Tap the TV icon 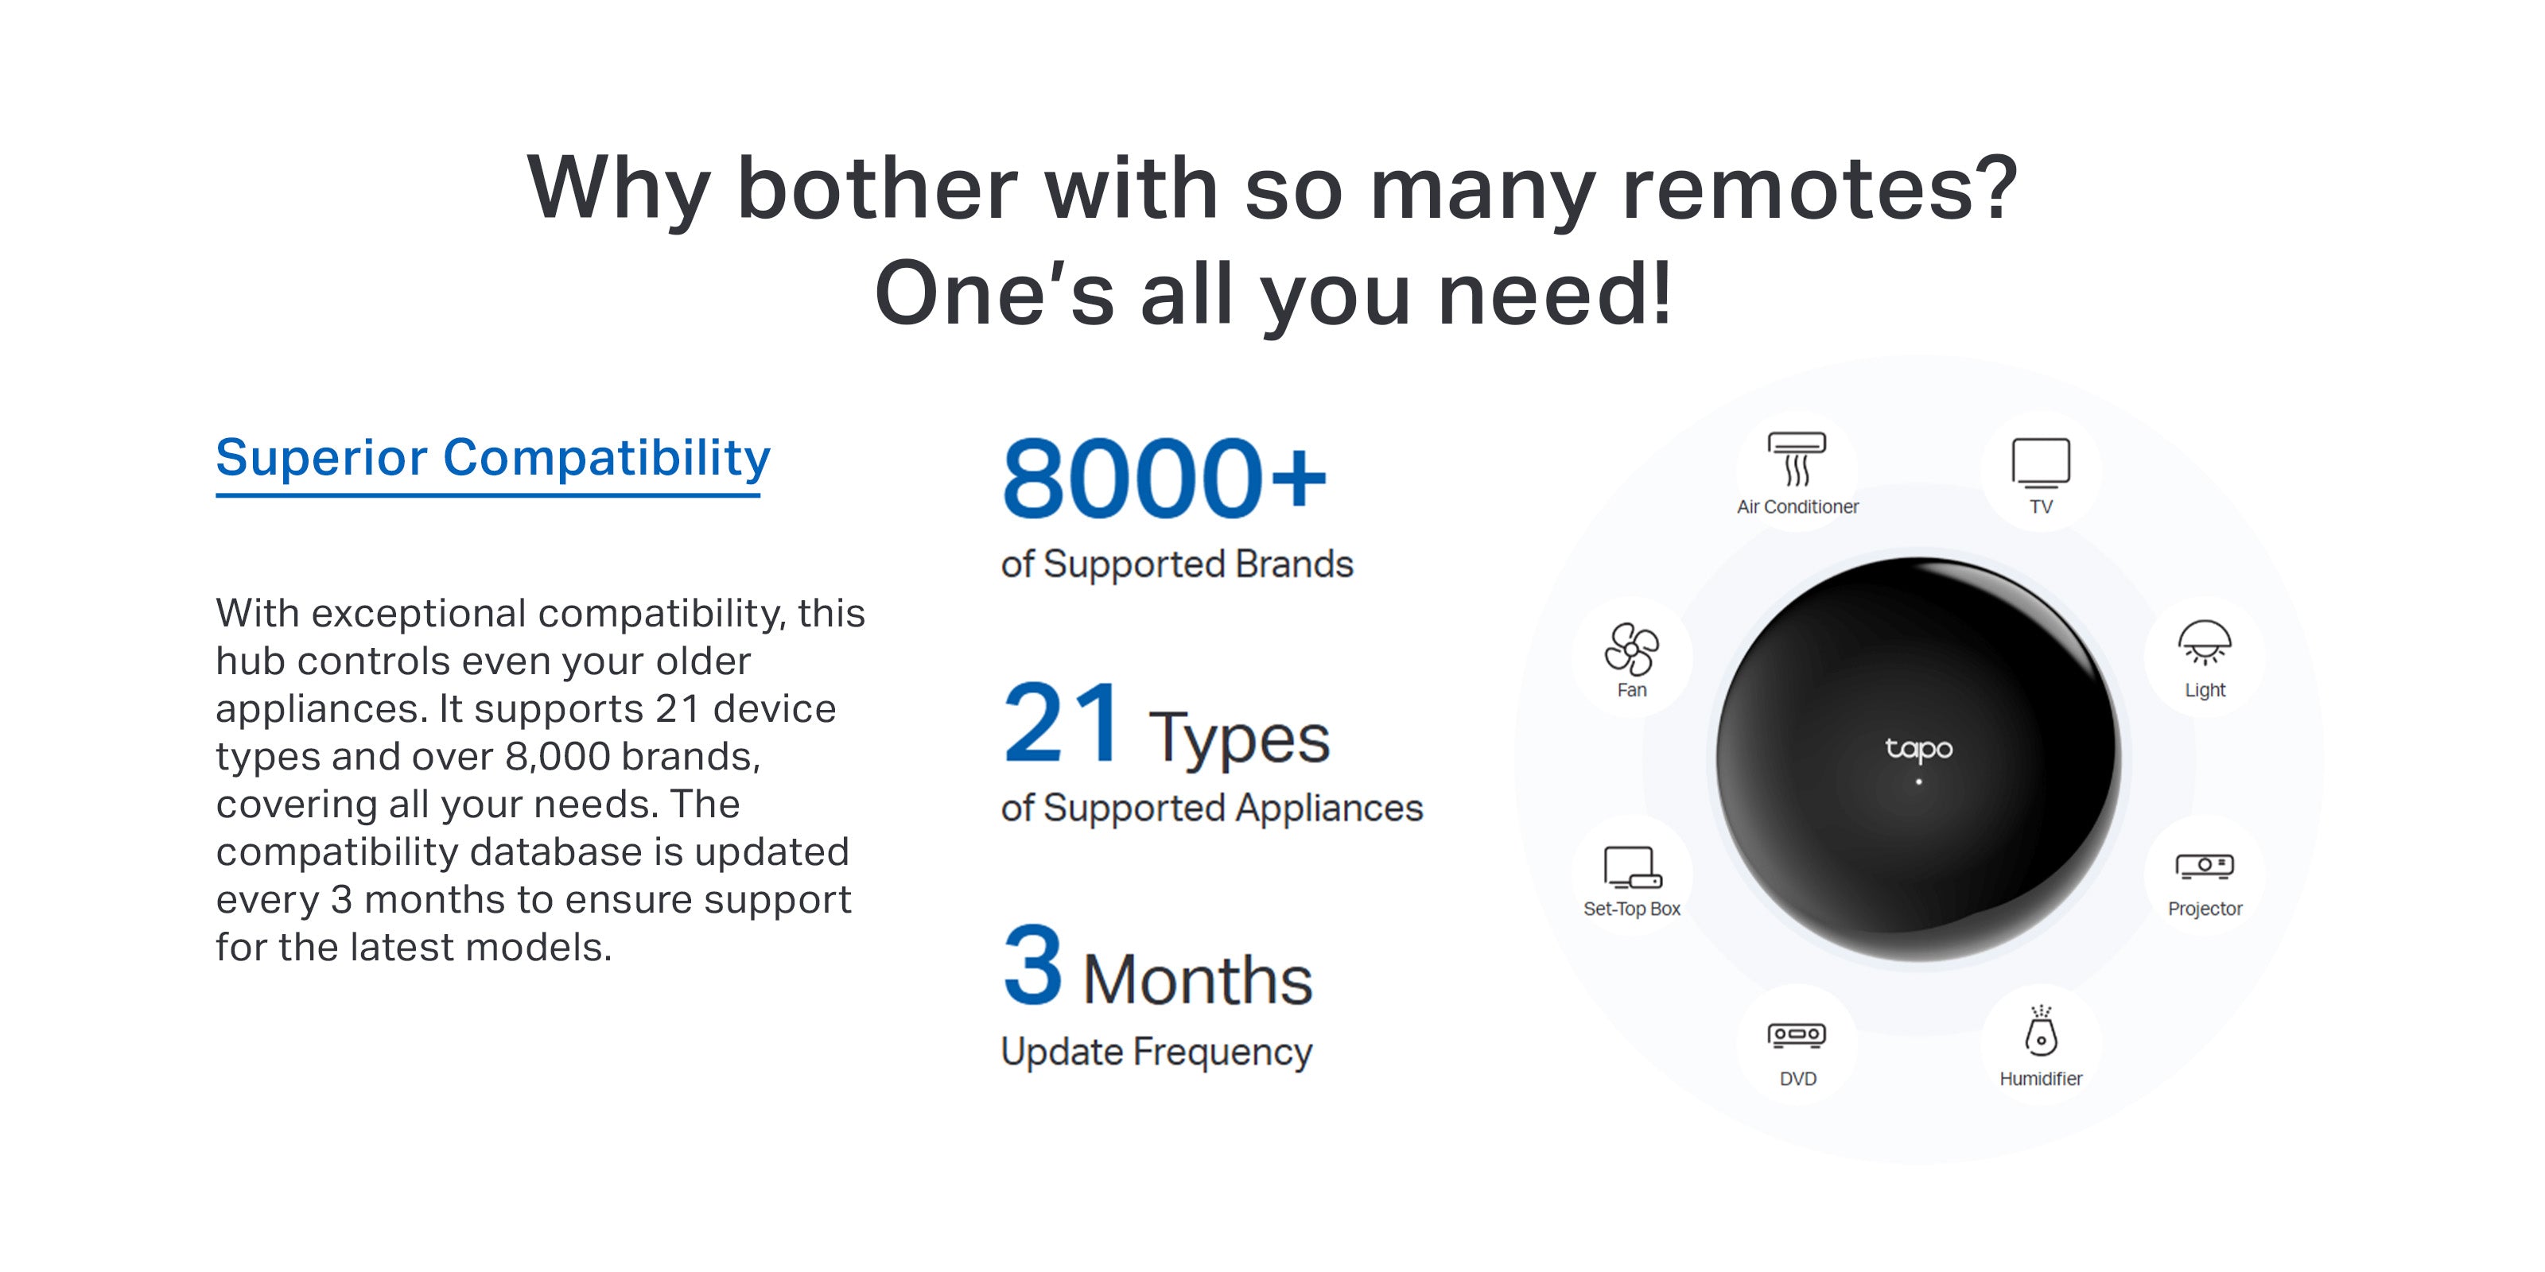2041,462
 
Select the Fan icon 1631,648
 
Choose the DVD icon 1797,1035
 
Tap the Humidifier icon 2041,1030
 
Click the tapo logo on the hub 1918,750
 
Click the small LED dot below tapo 1918,782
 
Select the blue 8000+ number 1164,479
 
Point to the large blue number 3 1033,965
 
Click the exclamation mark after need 1661,293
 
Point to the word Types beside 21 1239,739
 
